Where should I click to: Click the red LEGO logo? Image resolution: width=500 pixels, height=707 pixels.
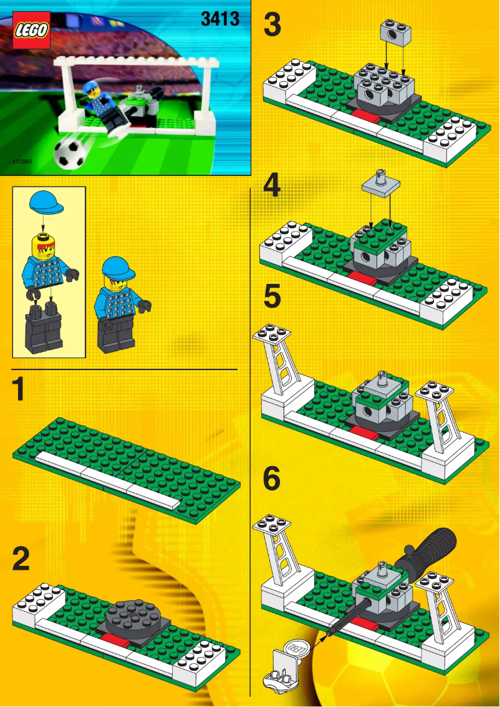click(x=31, y=31)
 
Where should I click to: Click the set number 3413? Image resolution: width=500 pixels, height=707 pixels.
click(x=220, y=19)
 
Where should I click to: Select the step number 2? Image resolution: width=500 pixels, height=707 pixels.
click(x=21, y=559)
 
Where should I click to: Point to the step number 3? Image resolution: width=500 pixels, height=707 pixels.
click(x=272, y=26)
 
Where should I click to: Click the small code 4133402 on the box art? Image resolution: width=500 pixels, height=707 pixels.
click(x=22, y=161)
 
